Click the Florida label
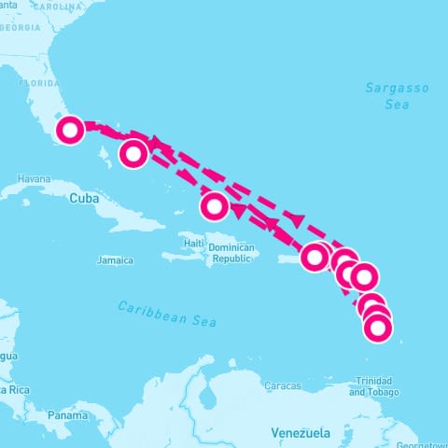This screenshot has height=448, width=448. (x=40, y=81)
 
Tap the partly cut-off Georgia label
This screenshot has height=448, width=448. (x=20, y=27)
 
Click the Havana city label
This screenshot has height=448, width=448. (x=33, y=178)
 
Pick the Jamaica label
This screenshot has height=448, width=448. (x=115, y=259)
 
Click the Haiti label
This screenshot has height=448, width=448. (x=194, y=244)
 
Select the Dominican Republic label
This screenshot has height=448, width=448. (x=231, y=253)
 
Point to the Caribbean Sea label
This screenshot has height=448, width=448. (x=168, y=314)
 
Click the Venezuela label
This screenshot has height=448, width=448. (x=301, y=433)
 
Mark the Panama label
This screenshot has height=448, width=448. (x=67, y=414)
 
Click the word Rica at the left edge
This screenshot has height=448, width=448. (x=17, y=388)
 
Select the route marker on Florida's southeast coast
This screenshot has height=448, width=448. (x=70, y=130)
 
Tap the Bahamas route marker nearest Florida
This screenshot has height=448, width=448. (x=134, y=153)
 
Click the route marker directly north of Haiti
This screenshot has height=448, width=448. (x=215, y=204)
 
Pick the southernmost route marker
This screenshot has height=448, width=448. (x=377, y=328)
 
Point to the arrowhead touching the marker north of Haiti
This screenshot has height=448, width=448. (x=235, y=211)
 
